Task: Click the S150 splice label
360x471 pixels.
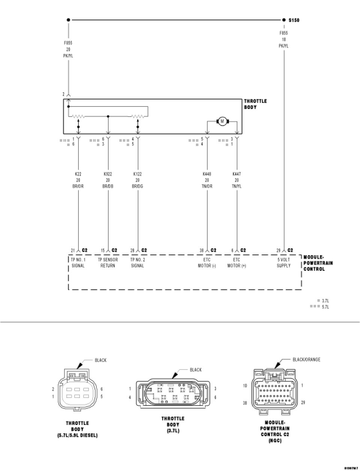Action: point(294,20)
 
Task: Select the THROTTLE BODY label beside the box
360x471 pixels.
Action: point(255,104)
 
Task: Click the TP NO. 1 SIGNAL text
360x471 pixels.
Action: point(78,263)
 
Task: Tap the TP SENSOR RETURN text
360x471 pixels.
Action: point(108,263)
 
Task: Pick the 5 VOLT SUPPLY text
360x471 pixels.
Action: point(283,263)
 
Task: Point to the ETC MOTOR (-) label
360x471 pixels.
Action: point(207,263)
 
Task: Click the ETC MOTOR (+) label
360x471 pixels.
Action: point(237,263)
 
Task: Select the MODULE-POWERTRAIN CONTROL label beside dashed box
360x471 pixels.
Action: point(318,263)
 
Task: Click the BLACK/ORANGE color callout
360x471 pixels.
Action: point(306,360)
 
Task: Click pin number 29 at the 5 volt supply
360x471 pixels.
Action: point(278,250)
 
